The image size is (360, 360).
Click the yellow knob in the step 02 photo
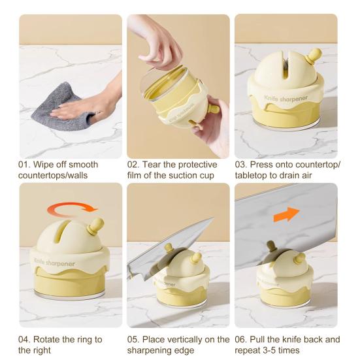(212, 107)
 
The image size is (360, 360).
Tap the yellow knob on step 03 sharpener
(314, 56)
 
